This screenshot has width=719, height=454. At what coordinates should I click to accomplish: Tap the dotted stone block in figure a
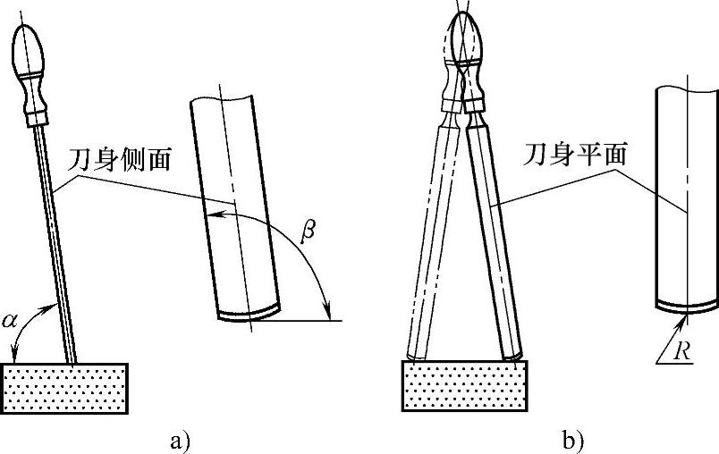(66, 388)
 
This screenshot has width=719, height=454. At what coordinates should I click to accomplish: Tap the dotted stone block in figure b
(464, 385)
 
